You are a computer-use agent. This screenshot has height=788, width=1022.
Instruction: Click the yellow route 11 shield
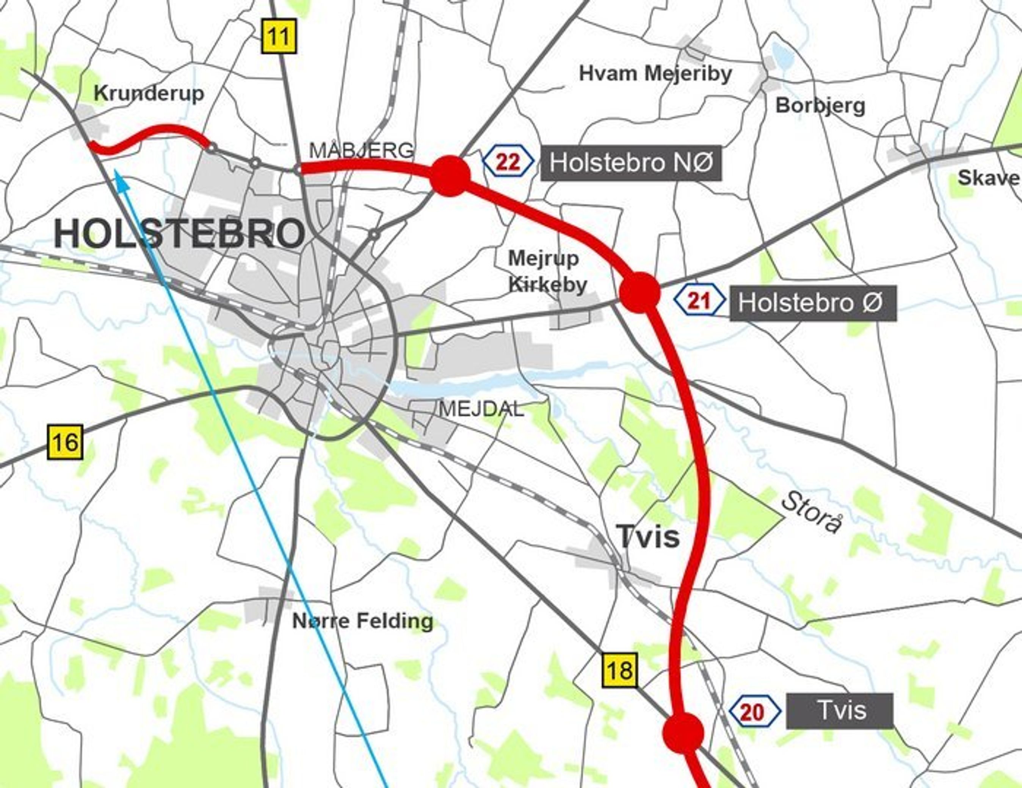(x=279, y=36)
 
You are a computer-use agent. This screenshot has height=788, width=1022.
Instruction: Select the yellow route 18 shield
(x=619, y=670)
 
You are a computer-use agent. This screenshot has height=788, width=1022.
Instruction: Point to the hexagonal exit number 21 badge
(x=699, y=301)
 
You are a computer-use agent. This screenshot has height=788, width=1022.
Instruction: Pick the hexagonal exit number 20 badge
(x=754, y=712)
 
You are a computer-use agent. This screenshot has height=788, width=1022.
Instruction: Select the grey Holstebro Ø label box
(x=813, y=303)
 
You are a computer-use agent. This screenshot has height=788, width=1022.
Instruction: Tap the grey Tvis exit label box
(x=840, y=710)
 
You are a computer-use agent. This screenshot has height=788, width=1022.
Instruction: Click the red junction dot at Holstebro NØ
(x=450, y=176)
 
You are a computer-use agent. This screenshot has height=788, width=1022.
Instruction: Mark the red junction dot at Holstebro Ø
(x=639, y=292)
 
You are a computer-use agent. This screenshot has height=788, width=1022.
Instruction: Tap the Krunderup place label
(x=149, y=93)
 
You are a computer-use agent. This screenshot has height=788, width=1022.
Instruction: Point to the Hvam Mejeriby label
(x=655, y=73)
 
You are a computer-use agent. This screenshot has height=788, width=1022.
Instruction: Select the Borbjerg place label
(x=820, y=105)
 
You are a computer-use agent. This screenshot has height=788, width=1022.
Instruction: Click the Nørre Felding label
(x=363, y=621)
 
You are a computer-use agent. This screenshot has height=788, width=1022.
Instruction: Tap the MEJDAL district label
(x=481, y=409)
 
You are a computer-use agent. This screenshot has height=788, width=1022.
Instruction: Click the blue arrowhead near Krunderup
(x=119, y=176)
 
